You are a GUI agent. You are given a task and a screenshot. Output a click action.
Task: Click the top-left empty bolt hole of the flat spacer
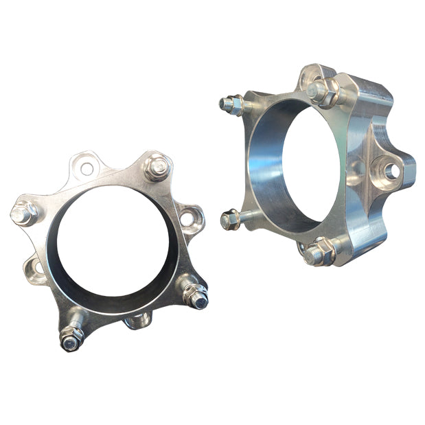87,167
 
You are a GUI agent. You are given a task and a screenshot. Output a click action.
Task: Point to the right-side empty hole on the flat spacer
187,219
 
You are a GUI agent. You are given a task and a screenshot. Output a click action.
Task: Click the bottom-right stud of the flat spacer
198,296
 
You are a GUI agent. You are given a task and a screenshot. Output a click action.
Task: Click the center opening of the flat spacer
113,240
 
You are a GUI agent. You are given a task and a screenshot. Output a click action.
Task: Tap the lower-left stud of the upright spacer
231,220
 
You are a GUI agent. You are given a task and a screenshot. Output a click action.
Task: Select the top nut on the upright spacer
318,89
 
